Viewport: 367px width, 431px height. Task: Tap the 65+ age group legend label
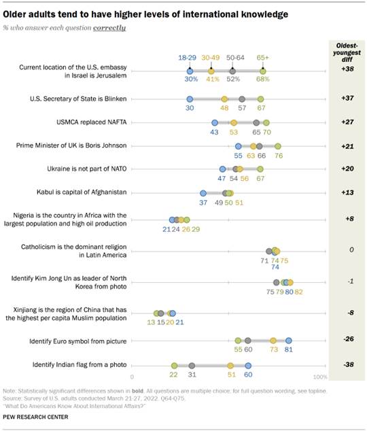(263, 58)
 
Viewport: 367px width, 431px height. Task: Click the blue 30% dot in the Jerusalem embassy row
(190, 71)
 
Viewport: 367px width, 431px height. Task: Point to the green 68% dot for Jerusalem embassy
(263, 71)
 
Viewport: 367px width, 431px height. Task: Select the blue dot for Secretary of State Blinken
(190, 99)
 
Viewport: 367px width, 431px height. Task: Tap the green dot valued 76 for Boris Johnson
(277, 145)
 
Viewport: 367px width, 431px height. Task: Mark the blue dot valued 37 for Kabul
(203, 193)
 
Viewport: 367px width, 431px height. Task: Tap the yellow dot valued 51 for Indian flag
(230, 366)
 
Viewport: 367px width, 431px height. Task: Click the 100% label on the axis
(320, 376)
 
